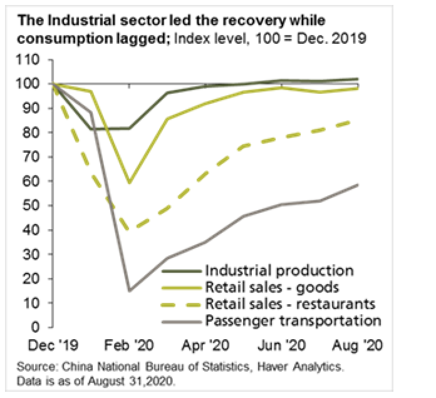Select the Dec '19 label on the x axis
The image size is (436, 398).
(x=54, y=345)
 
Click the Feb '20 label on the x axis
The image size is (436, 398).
(x=130, y=345)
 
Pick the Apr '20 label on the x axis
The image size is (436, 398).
(x=206, y=345)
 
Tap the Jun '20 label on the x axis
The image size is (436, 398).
(x=282, y=345)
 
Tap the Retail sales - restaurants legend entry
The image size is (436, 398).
(x=290, y=304)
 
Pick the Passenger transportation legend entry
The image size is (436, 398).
(x=292, y=320)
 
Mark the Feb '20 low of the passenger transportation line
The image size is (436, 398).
(x=130, y=290)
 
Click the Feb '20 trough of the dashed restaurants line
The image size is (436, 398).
(x=130, y=230)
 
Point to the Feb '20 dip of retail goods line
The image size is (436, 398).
(x=130, y=183)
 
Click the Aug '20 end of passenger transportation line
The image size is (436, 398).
(x=358, y=185)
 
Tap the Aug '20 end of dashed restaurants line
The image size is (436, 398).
(x=358, y=121)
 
